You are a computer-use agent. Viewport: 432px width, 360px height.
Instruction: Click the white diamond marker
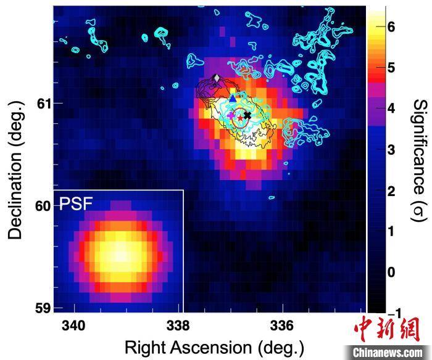[x=215, y=78]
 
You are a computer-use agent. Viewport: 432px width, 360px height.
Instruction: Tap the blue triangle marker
[x=233, y=97]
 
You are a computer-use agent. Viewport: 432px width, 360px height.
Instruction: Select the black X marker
[x=247, y=115]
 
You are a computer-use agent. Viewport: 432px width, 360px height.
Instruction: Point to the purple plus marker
[x=231, y=115]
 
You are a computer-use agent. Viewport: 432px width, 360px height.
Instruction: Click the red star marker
[x=240, y=117]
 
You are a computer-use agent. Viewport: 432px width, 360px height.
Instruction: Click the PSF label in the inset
[x=75, y=204]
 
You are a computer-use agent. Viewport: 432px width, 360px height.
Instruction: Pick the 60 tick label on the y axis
[x=41, y=205]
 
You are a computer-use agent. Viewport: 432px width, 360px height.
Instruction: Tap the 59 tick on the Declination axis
[x=41, y=307]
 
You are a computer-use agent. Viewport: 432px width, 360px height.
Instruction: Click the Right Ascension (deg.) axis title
[x=214, y=346]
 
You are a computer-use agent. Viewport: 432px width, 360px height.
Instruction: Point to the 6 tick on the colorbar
[x=391, y=27]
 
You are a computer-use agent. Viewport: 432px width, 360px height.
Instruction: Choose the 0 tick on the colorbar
[x=391, y=271]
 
